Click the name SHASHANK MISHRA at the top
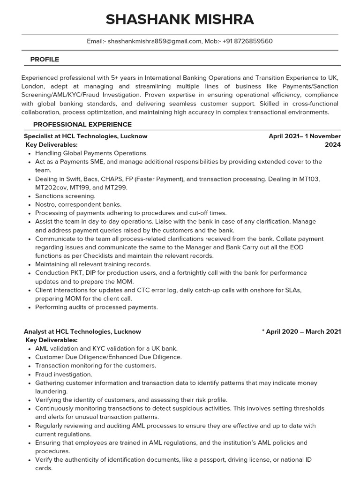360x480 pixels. point(180,19)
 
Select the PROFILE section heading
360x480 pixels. point(45,60)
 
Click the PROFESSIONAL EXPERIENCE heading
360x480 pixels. point(82,124)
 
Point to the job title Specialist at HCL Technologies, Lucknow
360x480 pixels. point(86,136)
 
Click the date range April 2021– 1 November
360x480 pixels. point(304,136)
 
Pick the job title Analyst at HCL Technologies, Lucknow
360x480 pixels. point(82,331)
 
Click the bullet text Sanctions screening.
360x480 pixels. point(65,196)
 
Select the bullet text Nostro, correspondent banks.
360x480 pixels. point(78,204)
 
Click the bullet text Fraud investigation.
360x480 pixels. point(64,375)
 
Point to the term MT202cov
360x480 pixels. point(53,187)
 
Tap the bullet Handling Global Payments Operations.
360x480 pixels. point(91,153)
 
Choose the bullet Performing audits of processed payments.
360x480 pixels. point(97,307)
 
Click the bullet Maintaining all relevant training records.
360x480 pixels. point(93,264)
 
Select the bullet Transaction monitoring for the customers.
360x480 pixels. point(96,366)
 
